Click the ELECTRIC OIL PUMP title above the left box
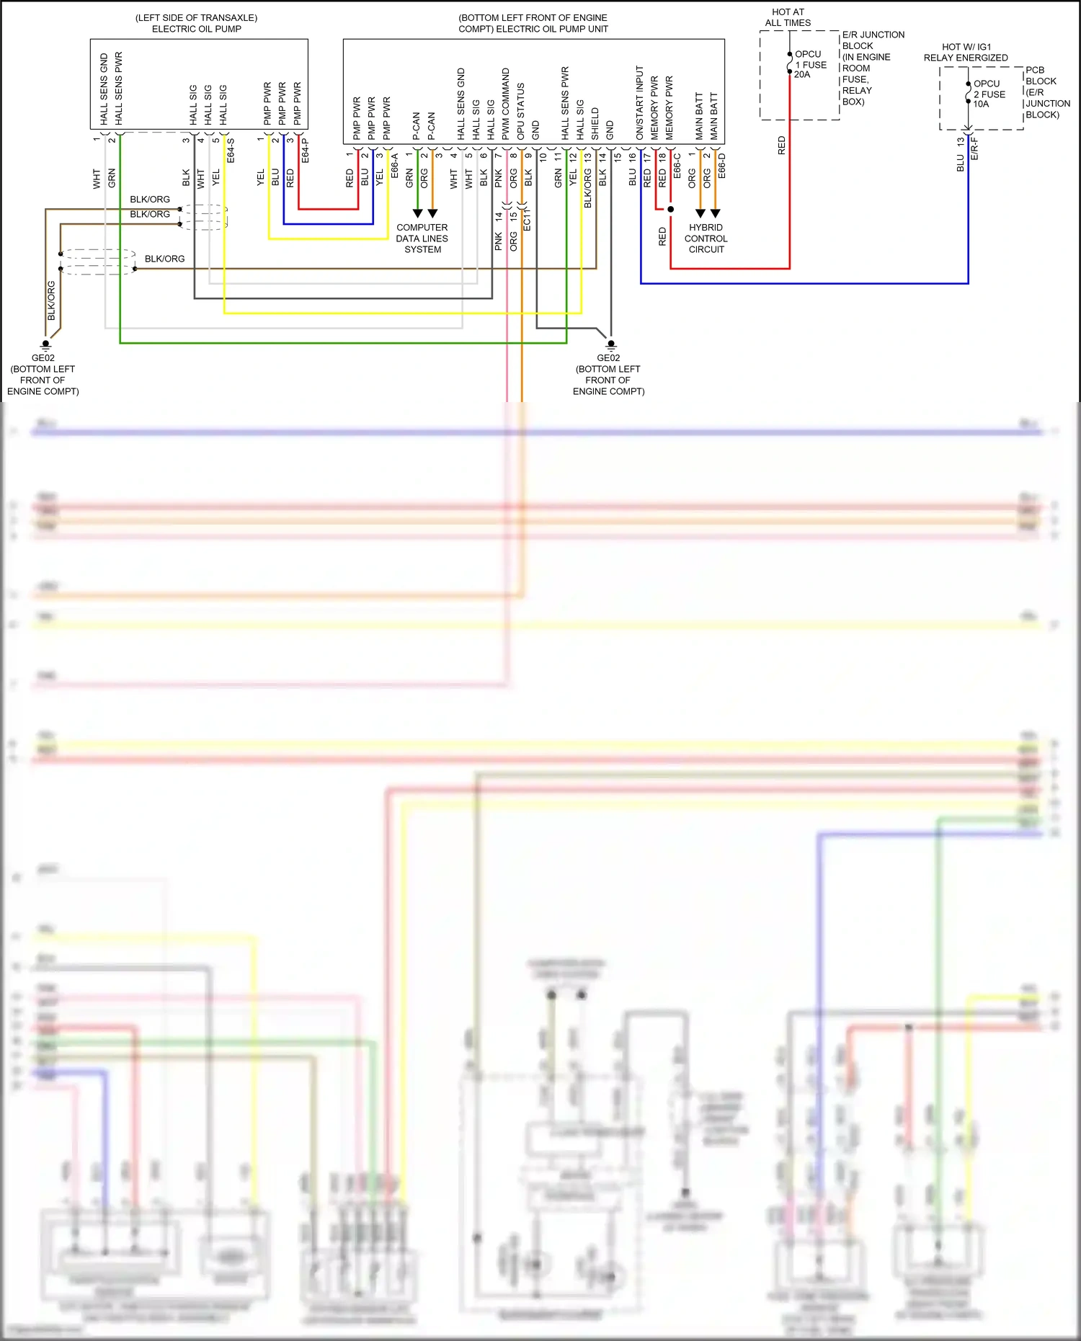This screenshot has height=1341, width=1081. point(196,29)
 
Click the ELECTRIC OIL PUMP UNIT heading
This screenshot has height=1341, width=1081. point(533,29)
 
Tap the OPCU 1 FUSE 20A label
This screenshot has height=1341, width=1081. point(810,64)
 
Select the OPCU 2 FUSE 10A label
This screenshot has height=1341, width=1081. point(989,94)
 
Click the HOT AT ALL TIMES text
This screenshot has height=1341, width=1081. point(788,17)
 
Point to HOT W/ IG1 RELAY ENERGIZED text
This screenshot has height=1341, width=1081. point(966,52)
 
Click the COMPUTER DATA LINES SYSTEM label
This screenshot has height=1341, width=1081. point(422,238)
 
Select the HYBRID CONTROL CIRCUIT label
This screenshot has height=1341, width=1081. point(706,238)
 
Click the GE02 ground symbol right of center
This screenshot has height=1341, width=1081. point(611,344)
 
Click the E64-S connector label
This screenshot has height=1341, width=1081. point(231,151)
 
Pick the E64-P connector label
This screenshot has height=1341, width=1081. point(305,151)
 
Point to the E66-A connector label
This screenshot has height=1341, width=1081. point(394,166)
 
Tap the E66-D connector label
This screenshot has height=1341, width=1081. point(721,166)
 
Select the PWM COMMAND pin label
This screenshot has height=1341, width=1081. point(506,104)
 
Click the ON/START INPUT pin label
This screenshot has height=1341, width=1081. point(639,102)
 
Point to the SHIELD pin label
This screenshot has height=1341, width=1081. point(595,123)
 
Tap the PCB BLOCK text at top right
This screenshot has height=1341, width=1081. point(1041,75)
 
